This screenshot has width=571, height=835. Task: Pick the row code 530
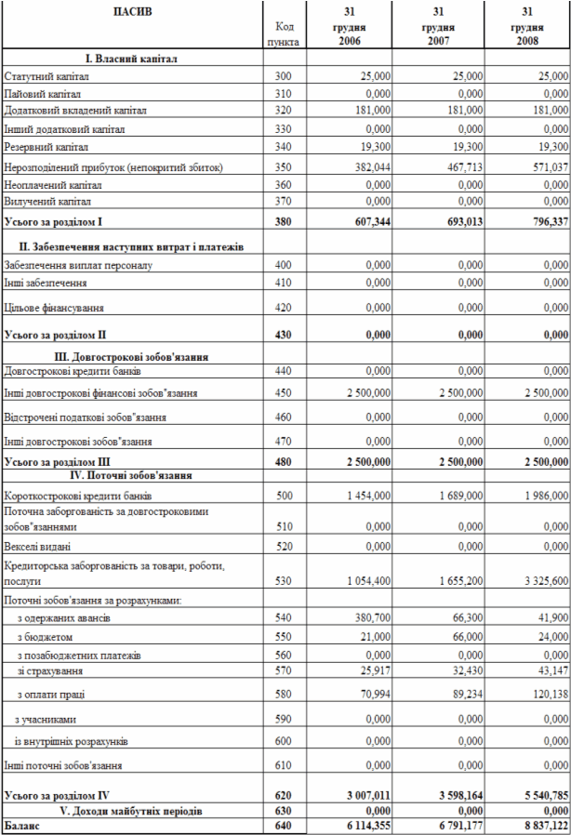pyautogui.click(x=283, y=580)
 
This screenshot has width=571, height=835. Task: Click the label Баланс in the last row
pyautogui.click(x=22, y=826)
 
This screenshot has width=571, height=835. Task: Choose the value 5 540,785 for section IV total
pyautogui.click(x=539, y=796)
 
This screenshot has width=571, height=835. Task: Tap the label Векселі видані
pyautogui.click(x=37, y=547)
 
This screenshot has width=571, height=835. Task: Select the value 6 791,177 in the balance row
pyautogui.click(x=451, y=826)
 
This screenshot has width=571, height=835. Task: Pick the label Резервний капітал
pyautogui.click(x=46, y=147)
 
